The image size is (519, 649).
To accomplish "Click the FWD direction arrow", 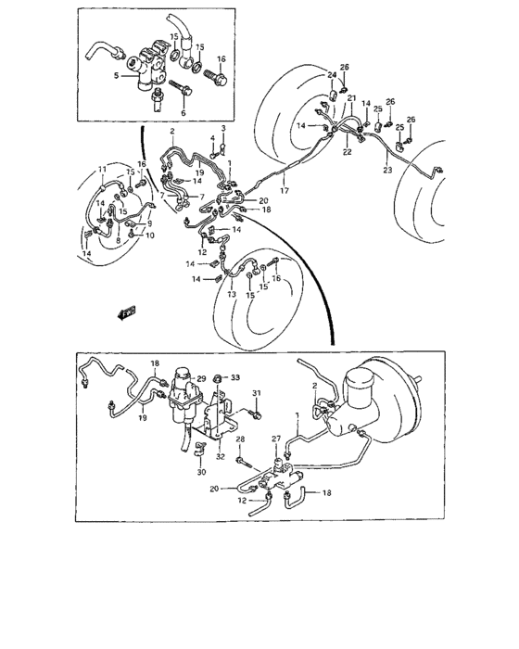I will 121,315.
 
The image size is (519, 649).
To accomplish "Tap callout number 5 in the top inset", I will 115,77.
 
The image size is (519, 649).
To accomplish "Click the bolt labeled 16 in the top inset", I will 220,77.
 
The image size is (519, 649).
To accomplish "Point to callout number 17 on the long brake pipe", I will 285,191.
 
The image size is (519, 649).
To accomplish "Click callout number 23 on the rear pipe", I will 386,170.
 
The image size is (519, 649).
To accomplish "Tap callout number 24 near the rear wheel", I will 332,73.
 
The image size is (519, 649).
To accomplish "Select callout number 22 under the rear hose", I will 347,151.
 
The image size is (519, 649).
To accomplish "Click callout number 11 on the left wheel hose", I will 103,169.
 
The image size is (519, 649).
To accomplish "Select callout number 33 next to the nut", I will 234,377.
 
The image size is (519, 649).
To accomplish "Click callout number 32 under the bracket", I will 220,456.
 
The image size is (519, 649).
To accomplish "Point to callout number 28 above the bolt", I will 239,439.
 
